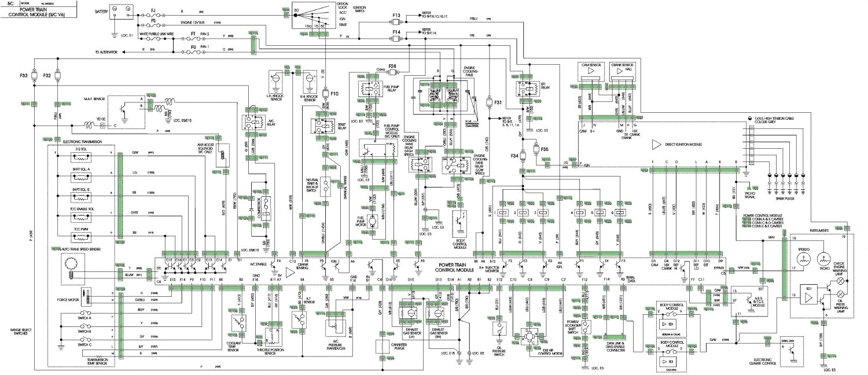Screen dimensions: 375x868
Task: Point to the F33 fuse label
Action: click(x=23, y=76)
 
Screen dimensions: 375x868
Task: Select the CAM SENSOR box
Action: click(x=592, y=71)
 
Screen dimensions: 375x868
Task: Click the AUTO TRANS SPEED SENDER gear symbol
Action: click(x=72, y=266)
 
